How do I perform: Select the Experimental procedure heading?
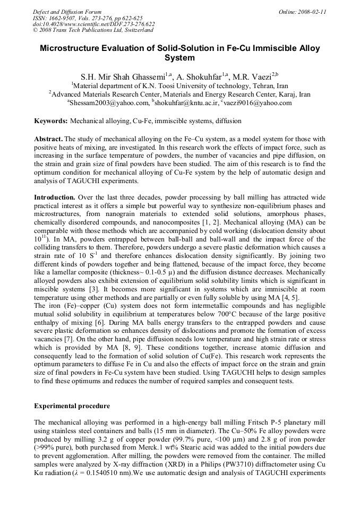pyautogui.click(x=72, y=406)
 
